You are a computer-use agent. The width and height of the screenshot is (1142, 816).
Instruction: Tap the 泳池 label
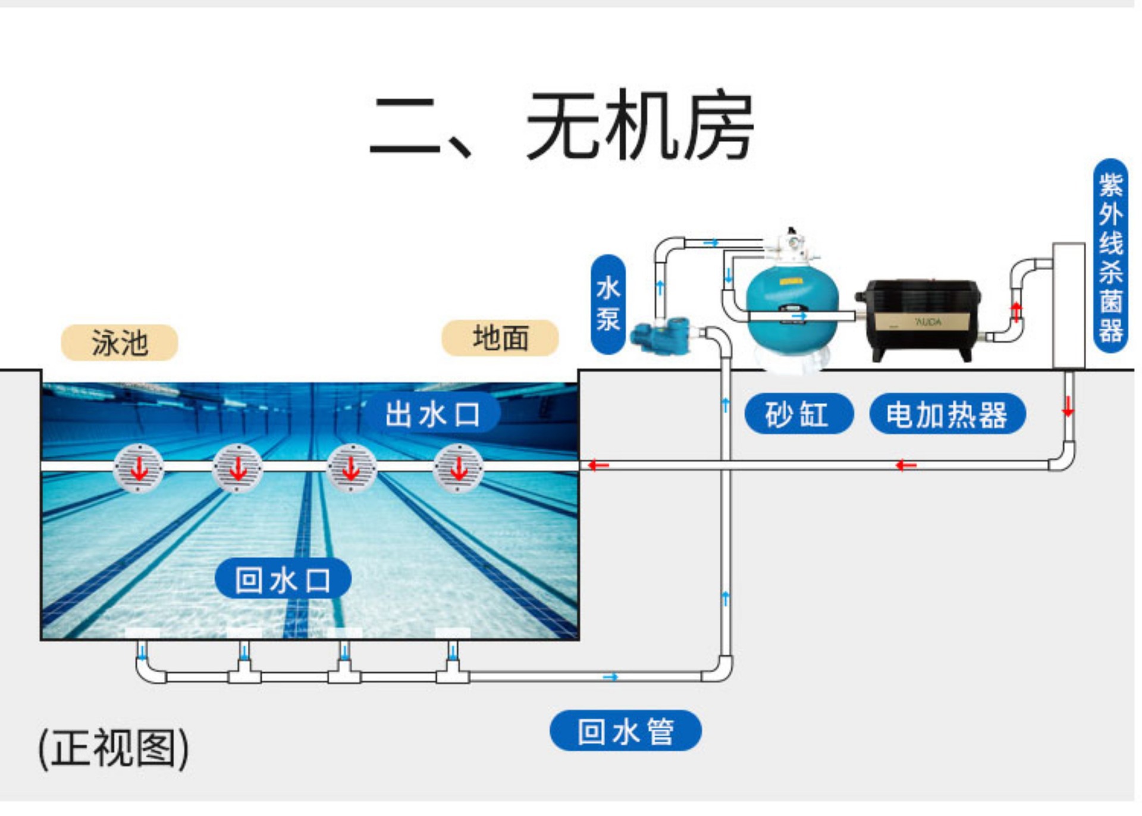120,342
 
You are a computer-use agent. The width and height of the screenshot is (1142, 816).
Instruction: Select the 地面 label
500,338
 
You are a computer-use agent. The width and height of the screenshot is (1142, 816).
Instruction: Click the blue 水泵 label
608,304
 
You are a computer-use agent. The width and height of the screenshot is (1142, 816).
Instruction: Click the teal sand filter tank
792,309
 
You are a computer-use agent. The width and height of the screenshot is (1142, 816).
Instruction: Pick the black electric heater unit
918,318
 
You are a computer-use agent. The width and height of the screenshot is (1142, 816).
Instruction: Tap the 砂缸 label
798,414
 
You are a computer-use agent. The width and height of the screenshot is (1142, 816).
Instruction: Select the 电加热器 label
947,414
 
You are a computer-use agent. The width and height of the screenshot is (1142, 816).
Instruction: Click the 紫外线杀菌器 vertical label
1110,256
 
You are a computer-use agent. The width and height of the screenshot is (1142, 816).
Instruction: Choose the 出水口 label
432,413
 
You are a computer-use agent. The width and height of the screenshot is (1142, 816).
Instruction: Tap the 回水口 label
283,579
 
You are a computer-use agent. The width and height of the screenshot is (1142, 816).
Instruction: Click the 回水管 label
625,730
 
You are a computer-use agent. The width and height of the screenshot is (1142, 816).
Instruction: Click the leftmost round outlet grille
139,468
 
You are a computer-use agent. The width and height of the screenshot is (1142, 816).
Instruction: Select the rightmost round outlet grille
458,468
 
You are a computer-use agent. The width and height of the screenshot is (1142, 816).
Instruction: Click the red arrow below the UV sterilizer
1068,407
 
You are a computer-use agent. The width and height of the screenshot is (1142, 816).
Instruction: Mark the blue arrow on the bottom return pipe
610,677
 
